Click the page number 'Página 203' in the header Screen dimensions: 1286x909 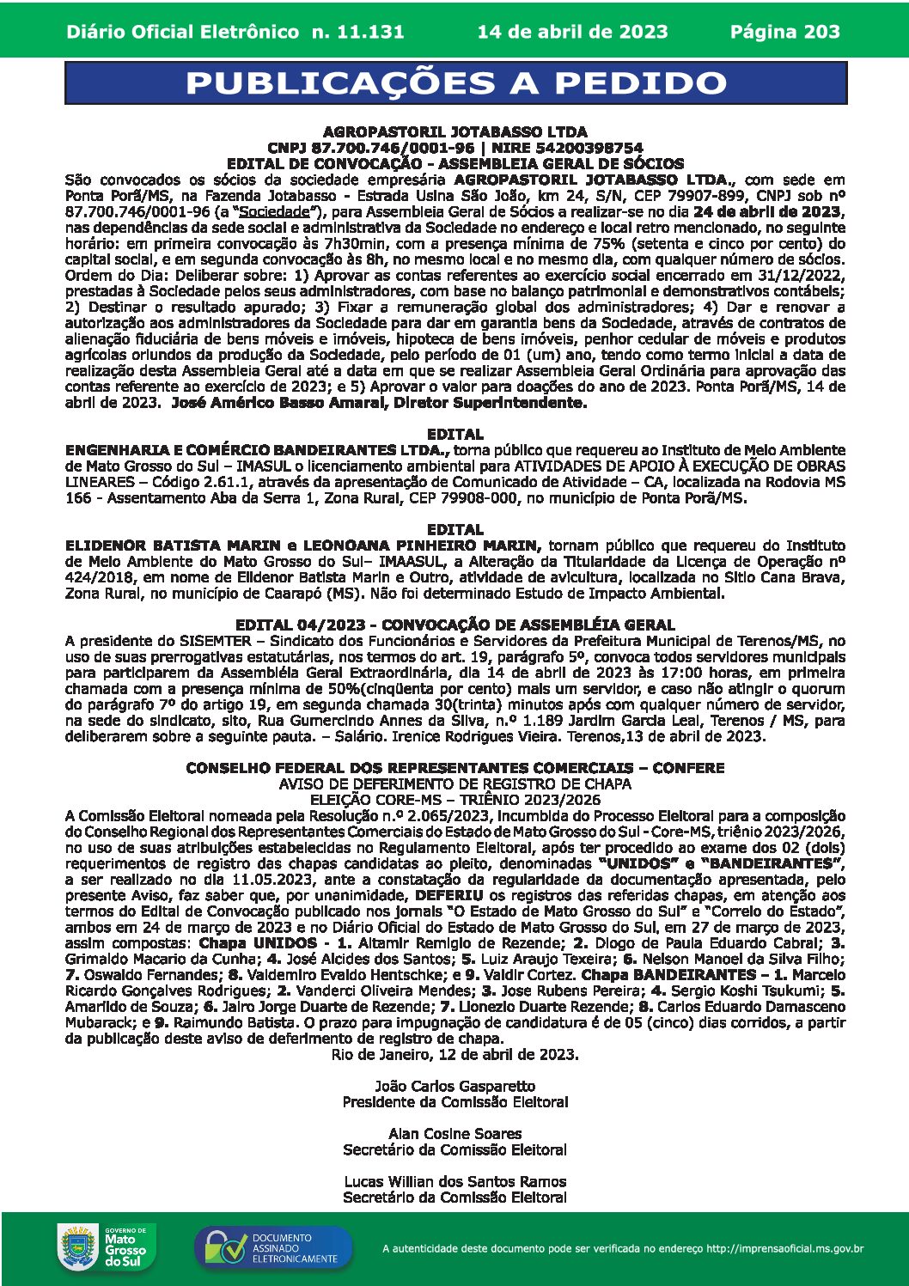coord(784,32)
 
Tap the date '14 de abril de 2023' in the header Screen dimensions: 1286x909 coord(572,32)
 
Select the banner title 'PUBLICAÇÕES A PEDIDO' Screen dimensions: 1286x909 coord(455,83)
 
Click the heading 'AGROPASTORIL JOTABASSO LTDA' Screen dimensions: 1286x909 coord(454,131)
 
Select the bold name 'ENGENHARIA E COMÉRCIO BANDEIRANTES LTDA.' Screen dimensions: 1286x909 coord(257,449)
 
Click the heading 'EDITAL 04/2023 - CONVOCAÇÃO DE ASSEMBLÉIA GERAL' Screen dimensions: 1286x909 coord(454,625)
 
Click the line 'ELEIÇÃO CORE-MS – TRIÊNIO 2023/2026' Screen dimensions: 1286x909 coord(454,799)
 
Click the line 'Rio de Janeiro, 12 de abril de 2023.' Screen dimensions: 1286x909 coord(454,1054)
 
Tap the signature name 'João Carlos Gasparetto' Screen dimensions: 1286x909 coord(454,1086)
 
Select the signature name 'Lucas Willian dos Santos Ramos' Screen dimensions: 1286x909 coord(454,1181)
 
